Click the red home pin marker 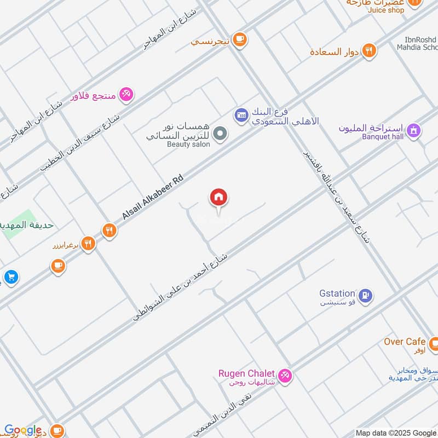coord(218,198)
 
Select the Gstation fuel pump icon coord(367,294)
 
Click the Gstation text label coord(337,293)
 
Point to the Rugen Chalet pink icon coord(284,376)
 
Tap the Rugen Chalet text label coord(246,373)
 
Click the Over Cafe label coord(405,342)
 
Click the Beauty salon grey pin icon coord(220,134)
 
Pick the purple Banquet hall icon coord(414,130)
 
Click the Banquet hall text coord(382,137)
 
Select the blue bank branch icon coord(240,114)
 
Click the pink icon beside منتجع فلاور coord(126,94)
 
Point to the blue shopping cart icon coord(10,278)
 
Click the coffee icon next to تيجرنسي coord(239,39)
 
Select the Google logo coord(22,430)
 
